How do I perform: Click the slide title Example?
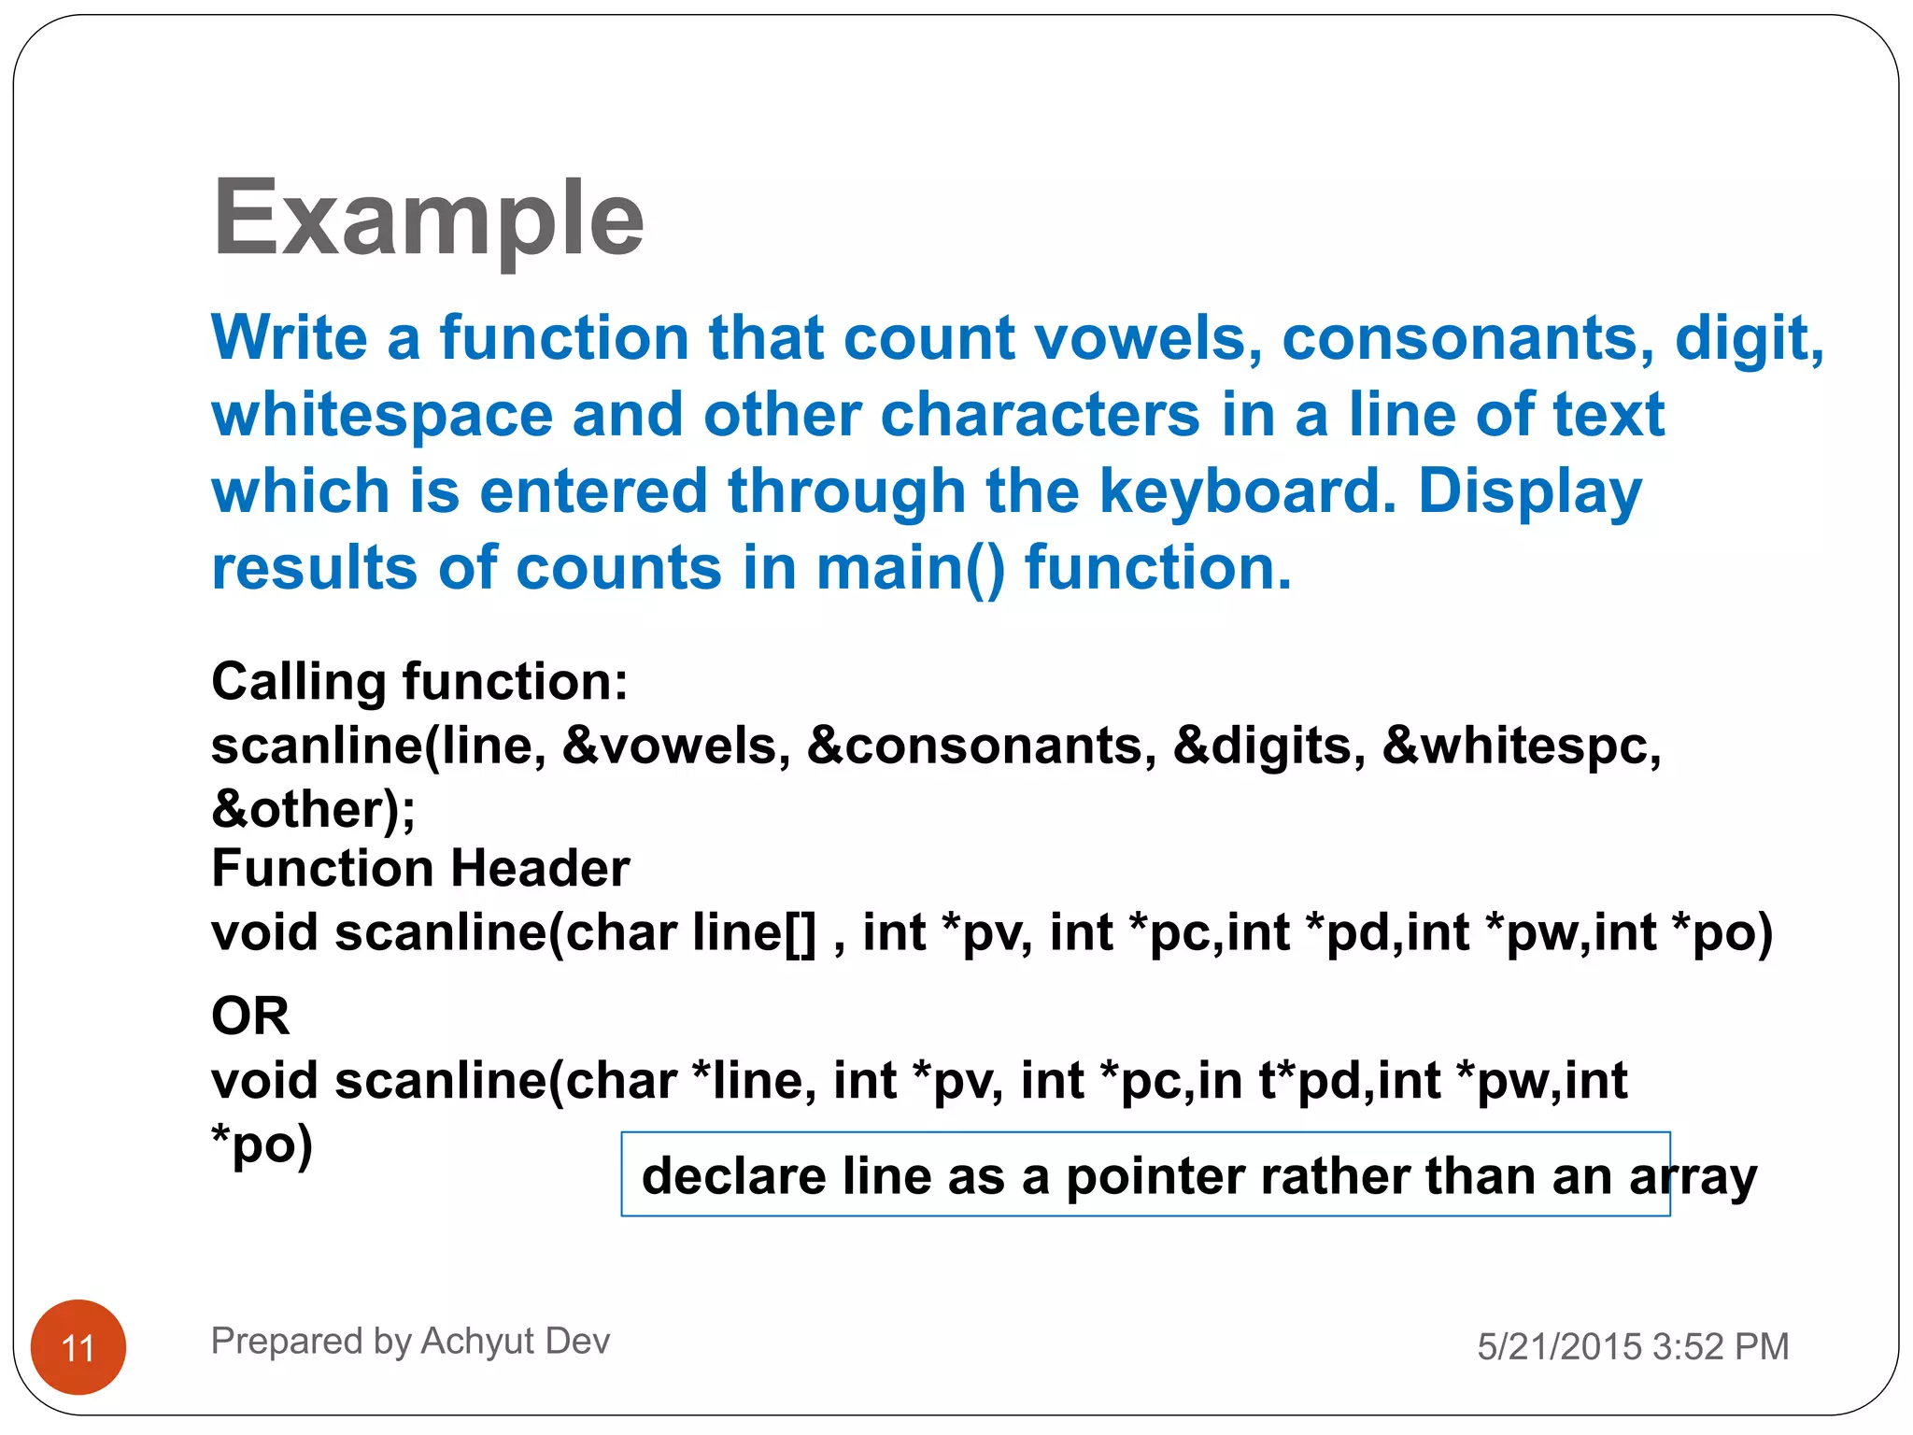(x=428, y=219)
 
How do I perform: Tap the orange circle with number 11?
(x=78, y=1347)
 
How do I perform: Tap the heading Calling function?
(x=419, y=681)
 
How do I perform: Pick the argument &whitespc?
(x=1521, y=746)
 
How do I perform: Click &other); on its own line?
(x=314, y=809)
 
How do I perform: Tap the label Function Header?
(x=420, y=868)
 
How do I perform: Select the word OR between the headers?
(x=250, y=1016)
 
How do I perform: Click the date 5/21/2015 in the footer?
(x=1559, y=1346)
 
